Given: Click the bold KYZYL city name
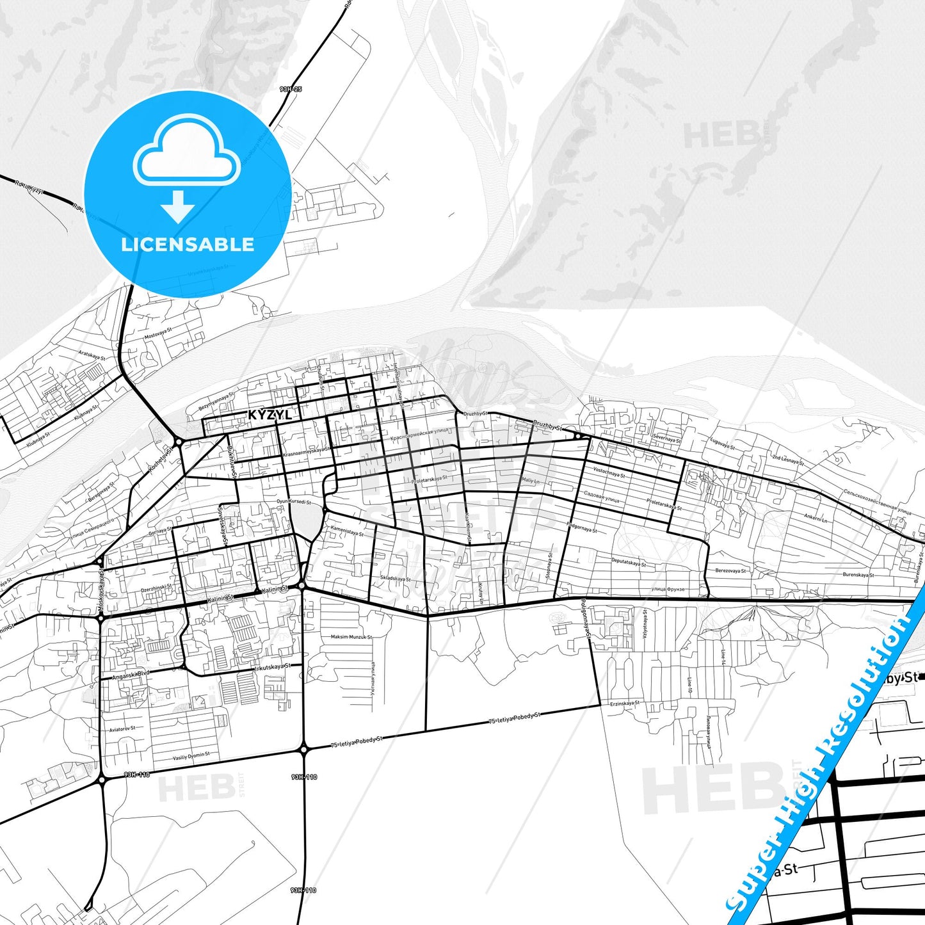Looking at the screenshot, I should [x=269, y=415].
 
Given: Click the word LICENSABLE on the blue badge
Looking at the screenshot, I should [x=188, y=245].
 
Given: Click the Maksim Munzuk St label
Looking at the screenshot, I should [x=351, y=637].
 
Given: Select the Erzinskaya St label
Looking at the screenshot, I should [x=624, y=703].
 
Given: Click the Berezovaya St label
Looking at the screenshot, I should [x=731, y=570].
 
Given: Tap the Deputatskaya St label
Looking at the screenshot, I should [x=629, y=563].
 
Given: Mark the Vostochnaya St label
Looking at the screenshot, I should [x=609, y=473].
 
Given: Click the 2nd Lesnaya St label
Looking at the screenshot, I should [x=787, y=459].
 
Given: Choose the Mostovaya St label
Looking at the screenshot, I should [x=158, y=334].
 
